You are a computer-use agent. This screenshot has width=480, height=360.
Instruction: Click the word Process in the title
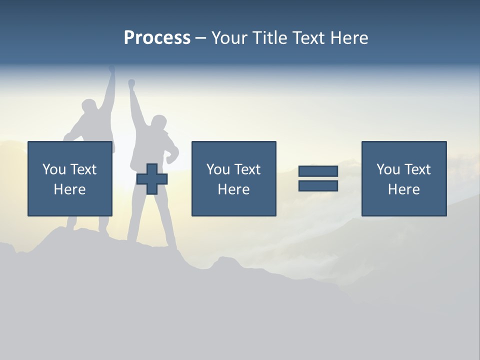tap(157, 38)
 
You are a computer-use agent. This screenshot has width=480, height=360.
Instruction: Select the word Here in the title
tap(348, 38)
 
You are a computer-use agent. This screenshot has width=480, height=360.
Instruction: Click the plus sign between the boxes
tap(152, 179)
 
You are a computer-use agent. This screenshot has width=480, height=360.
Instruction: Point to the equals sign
tap(318, 178)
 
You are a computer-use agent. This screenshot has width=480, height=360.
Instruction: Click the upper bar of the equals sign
tap(318, 171)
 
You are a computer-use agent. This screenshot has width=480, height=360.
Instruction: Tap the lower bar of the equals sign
tap(318, 185)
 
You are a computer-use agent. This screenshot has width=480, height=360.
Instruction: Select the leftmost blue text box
tap(70, 178)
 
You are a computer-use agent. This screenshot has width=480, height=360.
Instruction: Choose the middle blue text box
tap(233, 178)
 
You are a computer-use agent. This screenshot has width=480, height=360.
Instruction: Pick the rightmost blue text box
tap(404, 178)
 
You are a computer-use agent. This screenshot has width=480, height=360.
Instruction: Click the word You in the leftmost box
tap(54, 169)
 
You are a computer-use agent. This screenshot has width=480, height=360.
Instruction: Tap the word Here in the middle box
tap(233, 189)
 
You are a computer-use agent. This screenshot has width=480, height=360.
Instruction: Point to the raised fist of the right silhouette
tap(131, 83)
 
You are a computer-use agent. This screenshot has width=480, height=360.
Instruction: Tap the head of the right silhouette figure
tap(158, 123)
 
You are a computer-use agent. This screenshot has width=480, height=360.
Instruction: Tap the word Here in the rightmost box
tap(404, 189)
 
